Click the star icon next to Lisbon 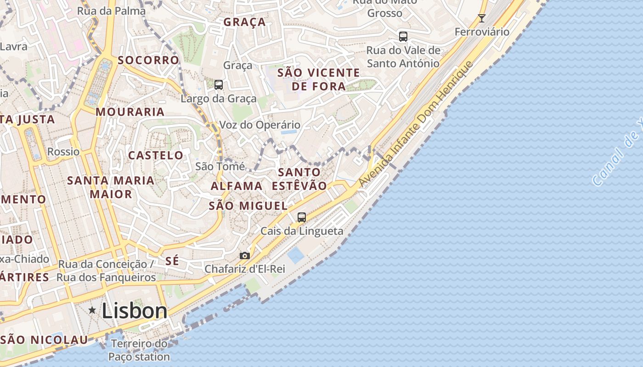point(92,311)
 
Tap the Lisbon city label point(135,311)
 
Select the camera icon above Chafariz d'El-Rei point(245,256)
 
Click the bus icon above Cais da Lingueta point(302,217)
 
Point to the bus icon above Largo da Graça point(219,84)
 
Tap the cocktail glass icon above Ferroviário point(481,18)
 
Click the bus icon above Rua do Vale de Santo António point(403,37)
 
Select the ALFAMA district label point(237,186)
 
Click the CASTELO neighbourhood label point(155,156)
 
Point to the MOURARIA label point(130,112)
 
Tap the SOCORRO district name point(148,60)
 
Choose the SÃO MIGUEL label point(248,206)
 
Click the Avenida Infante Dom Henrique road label point(415,124)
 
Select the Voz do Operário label point(259,125)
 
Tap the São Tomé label point(220,166)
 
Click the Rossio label point(63,151)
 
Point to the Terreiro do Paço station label point(139,350)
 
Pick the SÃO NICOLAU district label point(44,340)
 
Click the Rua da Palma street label point(111,11)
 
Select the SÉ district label point(172,261)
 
